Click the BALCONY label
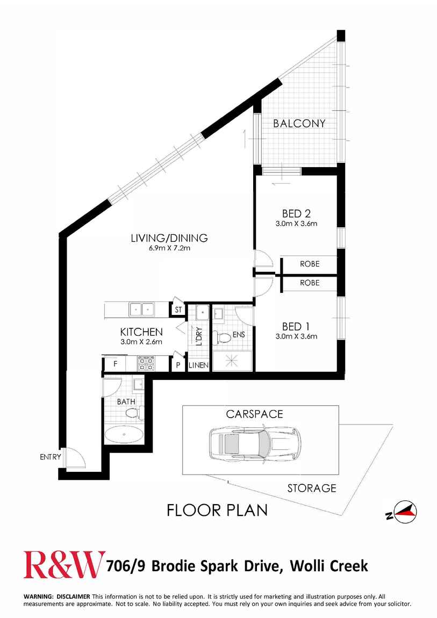point(299,124)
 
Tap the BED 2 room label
point(296,214)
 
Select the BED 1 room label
point(296,326)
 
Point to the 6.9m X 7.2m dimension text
point(169,248)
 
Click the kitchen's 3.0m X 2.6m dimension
point(141,342)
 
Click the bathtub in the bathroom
point(124,435)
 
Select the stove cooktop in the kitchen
point(146,363)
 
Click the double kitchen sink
point(141,309)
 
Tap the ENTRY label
point(51,457)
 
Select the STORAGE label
point(312,488)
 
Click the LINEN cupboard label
point(198,365)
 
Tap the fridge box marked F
point(115,363)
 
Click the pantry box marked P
point(178,364)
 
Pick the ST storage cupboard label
point(178,310)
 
